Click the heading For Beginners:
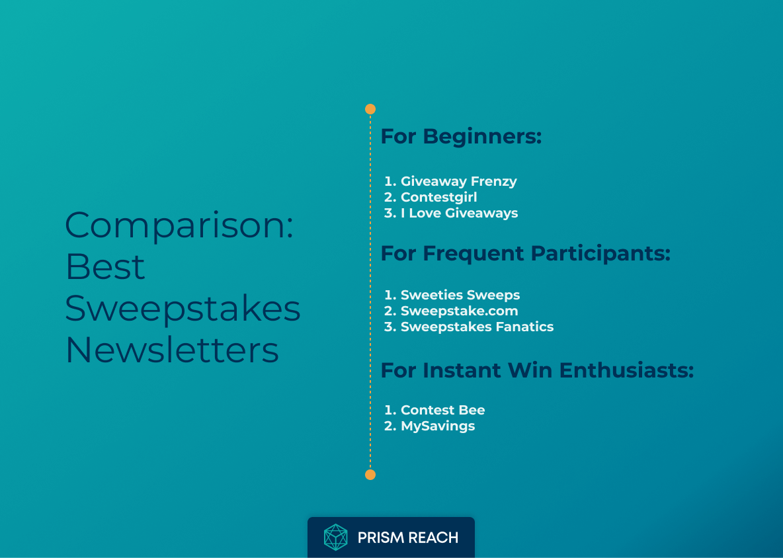click(461, 137)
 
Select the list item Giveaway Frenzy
click(458, 181)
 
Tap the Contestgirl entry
click(438, 197)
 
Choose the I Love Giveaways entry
click(459, 213)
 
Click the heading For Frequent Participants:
click(526, 253)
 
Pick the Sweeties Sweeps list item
click(460, 295)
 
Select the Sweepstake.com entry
click(459, 311)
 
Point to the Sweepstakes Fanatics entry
click(477, 327)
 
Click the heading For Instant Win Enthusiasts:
click(537, 370)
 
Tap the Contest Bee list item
click(442, 410)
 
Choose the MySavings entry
click(437, 426)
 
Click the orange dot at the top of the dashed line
click(370, 109)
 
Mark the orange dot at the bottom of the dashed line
click(370, 475)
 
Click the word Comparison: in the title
click(179, 225)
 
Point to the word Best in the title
click(105, 266)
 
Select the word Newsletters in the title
click(172, 350)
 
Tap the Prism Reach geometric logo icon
click(335, 538)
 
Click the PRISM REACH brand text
click(407, 538)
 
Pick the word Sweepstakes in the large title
click(183, 308)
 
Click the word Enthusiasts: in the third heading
click(626, 370)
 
